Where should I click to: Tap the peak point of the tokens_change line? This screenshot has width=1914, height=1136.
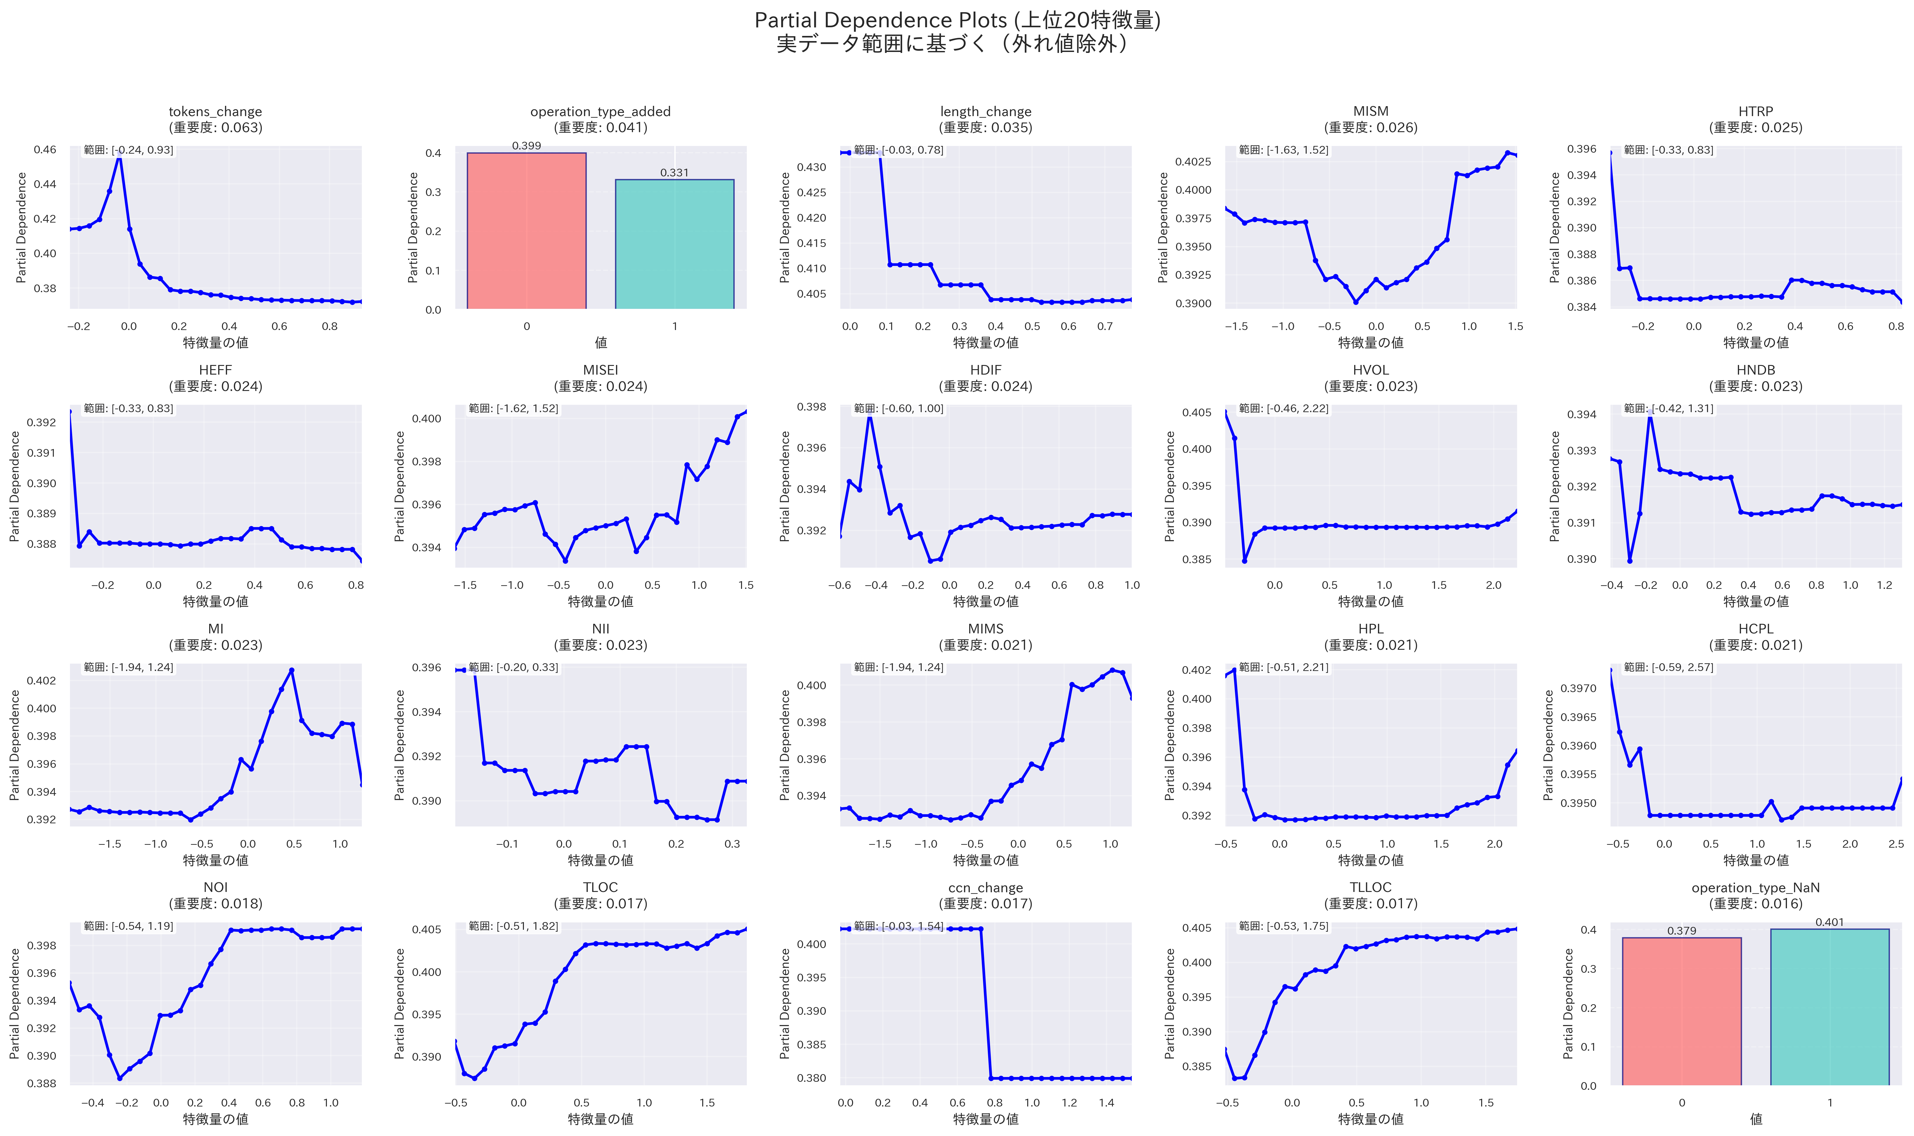click(119, 156)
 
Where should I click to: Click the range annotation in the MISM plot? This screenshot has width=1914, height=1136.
click(1284, 150)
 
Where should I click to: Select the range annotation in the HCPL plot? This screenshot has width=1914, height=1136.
click(1669, 667)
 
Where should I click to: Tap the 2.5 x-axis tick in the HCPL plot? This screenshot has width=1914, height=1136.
click(1896, 844)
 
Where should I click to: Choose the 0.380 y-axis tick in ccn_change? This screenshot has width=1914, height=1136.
click(813, 1078)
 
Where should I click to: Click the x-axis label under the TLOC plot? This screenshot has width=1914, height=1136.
click(600, 1119)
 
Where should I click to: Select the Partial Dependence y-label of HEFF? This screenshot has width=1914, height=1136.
click(14, 486)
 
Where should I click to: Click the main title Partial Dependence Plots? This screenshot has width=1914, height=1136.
click(957, 21)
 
